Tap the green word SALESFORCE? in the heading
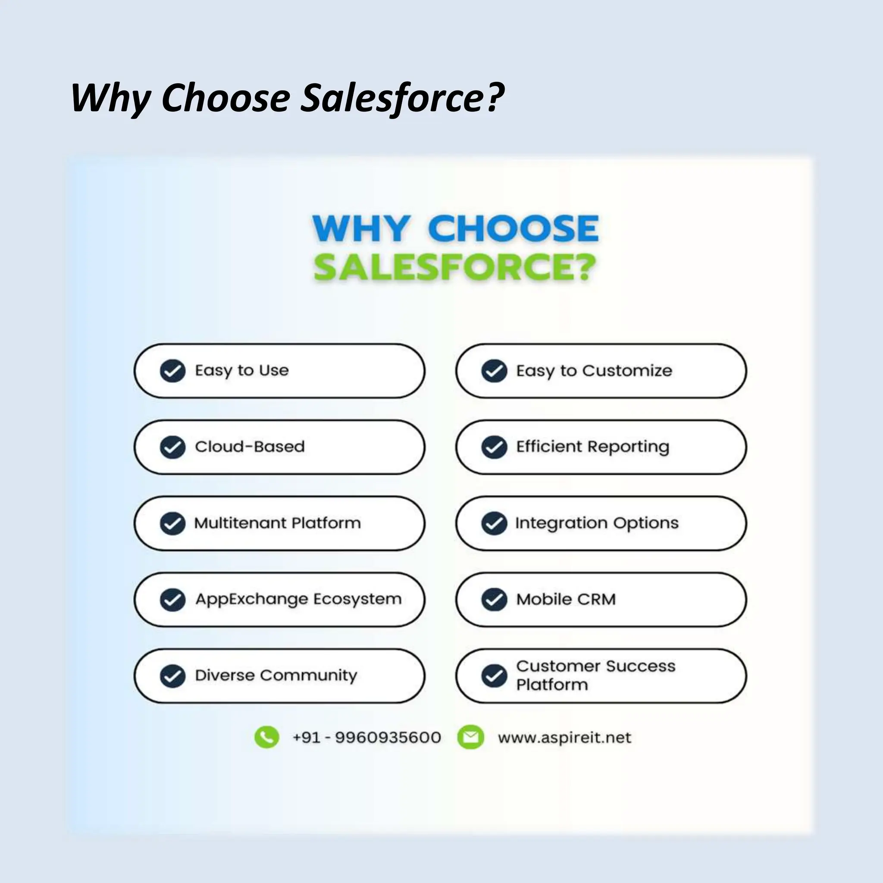tap(455, 267)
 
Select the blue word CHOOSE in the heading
tap(513, 228)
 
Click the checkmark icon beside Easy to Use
tap(172, 371)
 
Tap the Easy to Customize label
tap(594, 371)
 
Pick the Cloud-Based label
tap(250, 447)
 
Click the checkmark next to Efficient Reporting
tap(494, 447)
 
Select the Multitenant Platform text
tap(277, 523)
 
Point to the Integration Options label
tap(596, 523)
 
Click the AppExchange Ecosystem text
tap(298, 599)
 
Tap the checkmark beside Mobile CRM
tap(494, 600)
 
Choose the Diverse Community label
tap(276, 676)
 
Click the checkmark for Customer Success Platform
tap(494, 676)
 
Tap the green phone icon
tap(266, 737)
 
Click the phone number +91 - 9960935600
tap(366, 738)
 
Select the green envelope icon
tap(470, 737)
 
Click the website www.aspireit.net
tap(564, 738)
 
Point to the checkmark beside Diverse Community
tap(172, 676)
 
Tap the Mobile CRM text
tap(566, 599)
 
